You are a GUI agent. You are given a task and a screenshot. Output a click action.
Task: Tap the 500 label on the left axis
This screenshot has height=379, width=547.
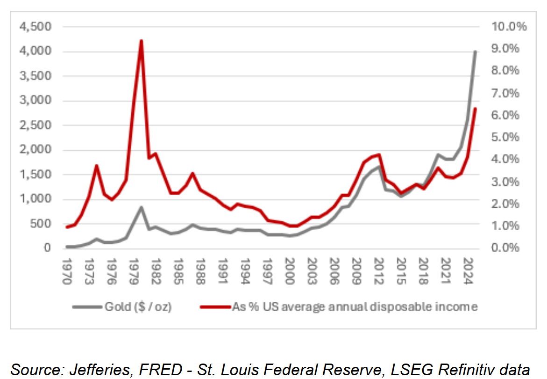coord(41,224)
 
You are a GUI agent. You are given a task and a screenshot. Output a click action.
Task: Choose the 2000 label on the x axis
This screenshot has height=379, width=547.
coord(290,271)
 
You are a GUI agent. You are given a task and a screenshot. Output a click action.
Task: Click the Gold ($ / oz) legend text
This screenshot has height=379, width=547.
coord(138,307)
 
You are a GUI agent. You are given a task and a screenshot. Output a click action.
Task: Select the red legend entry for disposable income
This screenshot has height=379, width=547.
coord(355,307)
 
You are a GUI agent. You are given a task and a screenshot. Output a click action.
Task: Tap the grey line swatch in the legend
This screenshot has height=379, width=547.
coord(87,307)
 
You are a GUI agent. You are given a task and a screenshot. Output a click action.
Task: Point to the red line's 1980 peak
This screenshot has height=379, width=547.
coord(141,41)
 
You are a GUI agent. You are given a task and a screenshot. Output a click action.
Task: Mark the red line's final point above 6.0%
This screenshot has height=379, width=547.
coord(475,109)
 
